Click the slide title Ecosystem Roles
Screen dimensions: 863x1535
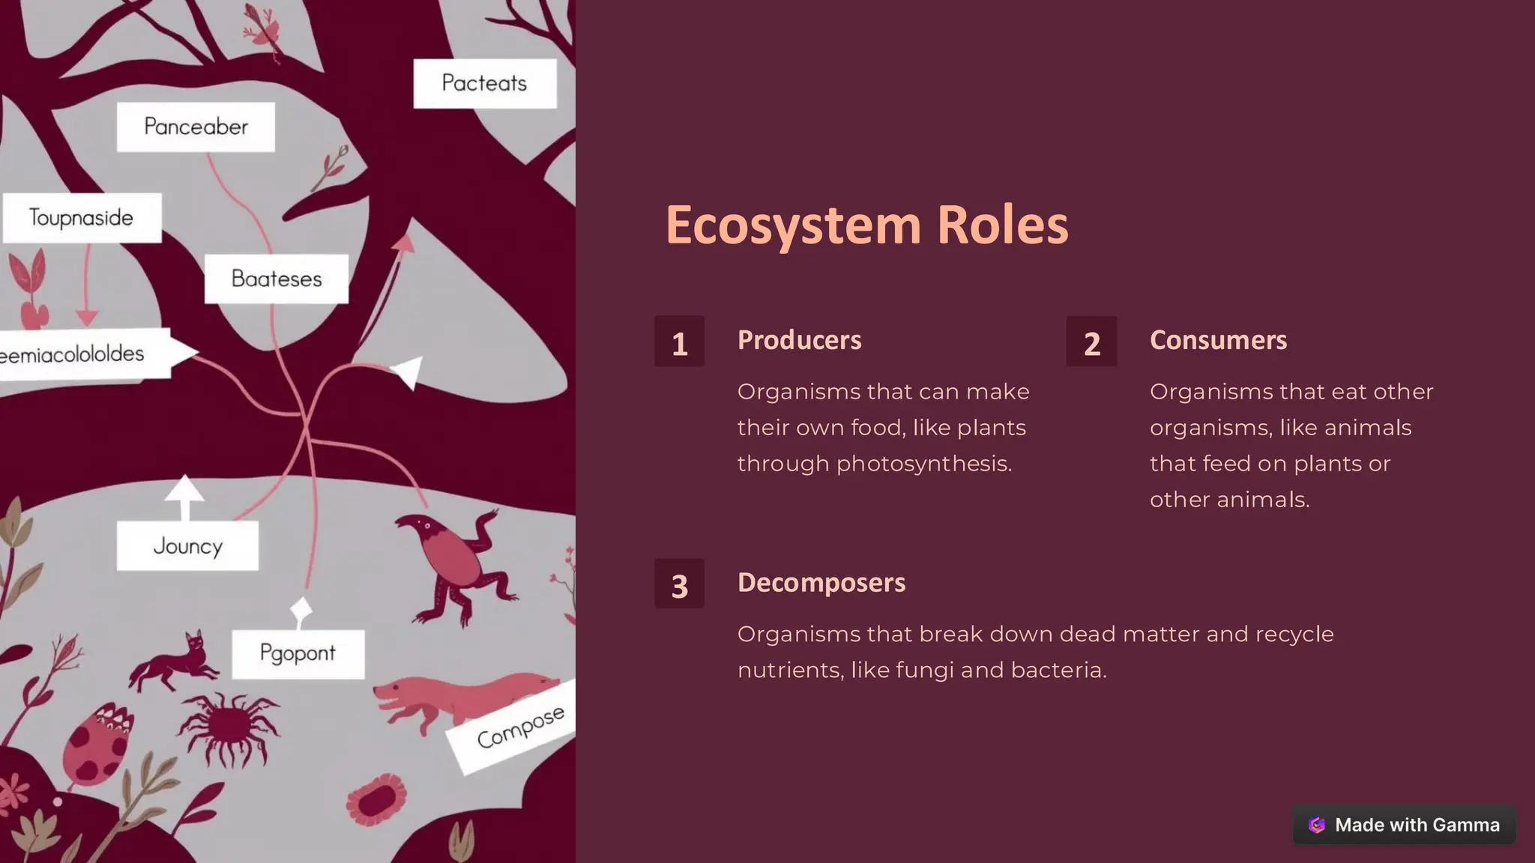(866, 225)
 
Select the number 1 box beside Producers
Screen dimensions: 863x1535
(679, 342)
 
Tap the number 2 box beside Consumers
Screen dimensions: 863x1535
(1091, 342)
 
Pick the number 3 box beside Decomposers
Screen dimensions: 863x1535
(679, 584)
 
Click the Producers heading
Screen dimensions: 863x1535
(799, 340)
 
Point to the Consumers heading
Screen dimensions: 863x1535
(1218, 340)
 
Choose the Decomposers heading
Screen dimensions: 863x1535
(821, 583)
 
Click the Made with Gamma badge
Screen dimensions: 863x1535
(1404, 825)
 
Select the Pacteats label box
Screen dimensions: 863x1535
(484, 83)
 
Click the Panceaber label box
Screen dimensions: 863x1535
(196, 127)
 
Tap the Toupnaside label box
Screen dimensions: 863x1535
(82, 218)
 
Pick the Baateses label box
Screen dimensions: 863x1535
(276, 279)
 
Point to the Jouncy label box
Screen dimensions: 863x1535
(187, 546)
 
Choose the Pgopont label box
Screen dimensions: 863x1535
(298, 654)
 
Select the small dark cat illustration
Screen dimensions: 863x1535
(174, 662)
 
